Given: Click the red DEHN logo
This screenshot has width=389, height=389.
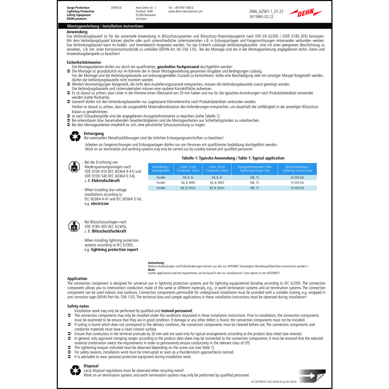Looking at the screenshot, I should pos(305,12).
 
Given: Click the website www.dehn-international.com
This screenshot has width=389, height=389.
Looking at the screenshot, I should pos(185,11).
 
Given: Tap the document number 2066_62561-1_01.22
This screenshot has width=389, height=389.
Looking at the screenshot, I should pos(266,11).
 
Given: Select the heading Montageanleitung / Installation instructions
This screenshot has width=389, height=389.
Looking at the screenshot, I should pos(105,26).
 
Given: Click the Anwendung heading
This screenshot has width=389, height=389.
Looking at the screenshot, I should pos(77,32).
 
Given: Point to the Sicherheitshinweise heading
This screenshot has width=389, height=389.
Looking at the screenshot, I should pos(84,62).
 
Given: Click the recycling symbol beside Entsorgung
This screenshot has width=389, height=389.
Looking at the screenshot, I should pos(75,136).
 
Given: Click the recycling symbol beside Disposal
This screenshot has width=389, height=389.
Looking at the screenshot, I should pos(75,371).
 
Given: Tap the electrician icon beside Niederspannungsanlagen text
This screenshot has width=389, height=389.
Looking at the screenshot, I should pos(74,167).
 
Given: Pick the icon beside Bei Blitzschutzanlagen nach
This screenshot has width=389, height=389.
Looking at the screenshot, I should pos(74,226).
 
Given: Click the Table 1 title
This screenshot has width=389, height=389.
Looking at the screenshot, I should pos(233,158).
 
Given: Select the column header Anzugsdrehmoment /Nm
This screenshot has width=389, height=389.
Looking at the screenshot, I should pos(254,169).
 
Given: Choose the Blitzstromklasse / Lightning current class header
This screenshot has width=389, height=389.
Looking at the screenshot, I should pos(297,169).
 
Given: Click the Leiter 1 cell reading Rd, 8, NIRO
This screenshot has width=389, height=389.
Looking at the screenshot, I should pos(188,183).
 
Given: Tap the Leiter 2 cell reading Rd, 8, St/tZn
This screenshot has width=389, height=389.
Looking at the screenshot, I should pos(217,188).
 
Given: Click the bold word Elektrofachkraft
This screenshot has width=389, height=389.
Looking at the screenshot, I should pos(106,180).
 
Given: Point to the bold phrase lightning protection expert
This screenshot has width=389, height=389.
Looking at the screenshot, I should pos(115,249).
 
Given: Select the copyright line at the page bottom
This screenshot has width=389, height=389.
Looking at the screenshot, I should pos(274,382).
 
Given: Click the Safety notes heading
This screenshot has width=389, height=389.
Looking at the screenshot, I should pos(78,306).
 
